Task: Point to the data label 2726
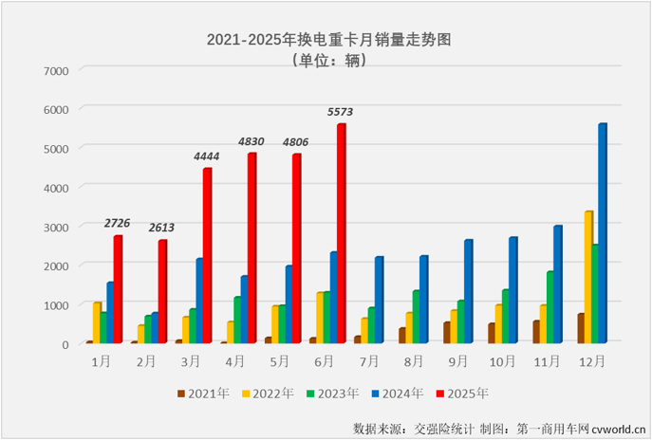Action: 119,224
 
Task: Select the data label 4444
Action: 208,156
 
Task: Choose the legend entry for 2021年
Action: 205,393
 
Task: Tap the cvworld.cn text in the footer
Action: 618,426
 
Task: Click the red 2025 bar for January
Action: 118,289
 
